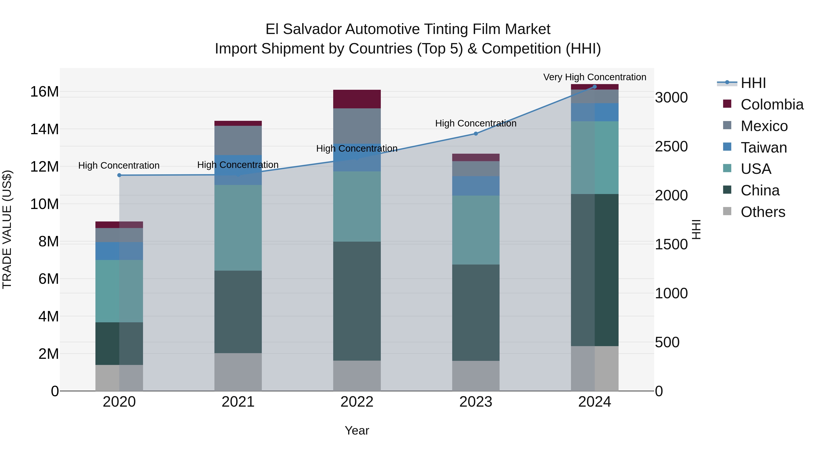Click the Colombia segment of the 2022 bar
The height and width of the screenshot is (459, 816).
(357, 99)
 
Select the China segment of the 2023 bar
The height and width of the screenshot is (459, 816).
(476, 312)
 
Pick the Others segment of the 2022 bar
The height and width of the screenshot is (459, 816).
(357, 375)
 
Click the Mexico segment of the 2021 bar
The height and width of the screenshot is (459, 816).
(238, 140)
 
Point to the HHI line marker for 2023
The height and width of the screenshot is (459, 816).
(476, 134)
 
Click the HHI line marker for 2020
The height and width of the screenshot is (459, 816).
(119, 175)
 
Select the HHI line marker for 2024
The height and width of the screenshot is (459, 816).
(594, 87)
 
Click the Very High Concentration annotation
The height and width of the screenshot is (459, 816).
(595, 77)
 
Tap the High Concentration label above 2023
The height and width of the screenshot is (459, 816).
(476, 123)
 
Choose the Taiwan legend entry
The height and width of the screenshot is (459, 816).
(763, 148)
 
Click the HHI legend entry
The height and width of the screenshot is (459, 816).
(753, 83)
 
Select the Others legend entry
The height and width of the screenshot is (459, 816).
(763, 212)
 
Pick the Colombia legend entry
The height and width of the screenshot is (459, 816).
(772, 104)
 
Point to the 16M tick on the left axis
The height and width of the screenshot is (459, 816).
(44, 92)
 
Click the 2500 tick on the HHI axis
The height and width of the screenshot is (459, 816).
(671, 147)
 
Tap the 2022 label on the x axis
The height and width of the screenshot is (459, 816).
(357, 402)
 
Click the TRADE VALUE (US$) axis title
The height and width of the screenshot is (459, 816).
(7, 229)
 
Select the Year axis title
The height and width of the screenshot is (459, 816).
(357, 430)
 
